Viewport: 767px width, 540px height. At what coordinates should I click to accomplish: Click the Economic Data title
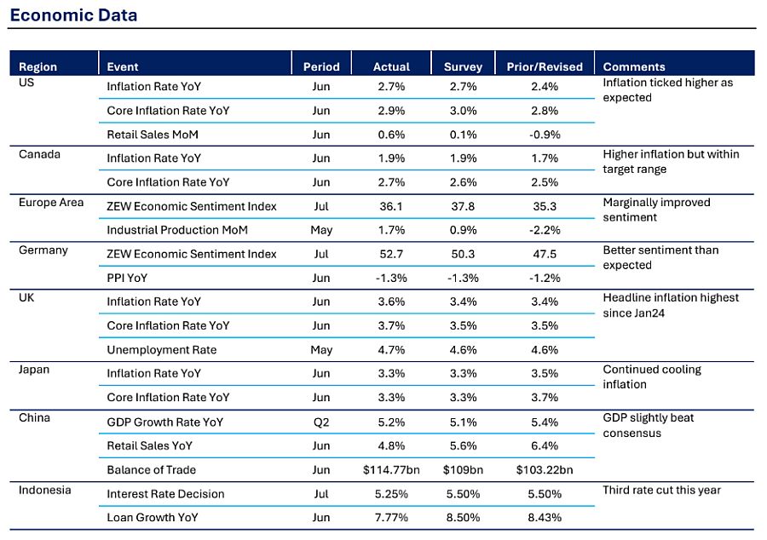(x=73, y=15)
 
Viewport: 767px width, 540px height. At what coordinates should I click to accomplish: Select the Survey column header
(x=463, y=67)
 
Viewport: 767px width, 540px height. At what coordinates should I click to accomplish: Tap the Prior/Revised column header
(x=545, y=67)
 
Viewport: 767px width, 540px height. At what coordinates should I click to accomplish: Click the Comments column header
(x=634, y=67)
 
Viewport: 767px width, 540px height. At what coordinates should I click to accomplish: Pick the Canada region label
(x=39, y=154)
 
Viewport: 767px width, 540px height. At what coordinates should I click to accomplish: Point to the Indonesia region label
(x=44, y=490)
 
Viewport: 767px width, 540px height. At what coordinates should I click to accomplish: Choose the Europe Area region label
(x=51, y=203)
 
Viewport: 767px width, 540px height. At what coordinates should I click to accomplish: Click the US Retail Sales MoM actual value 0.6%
(x=391, y=135)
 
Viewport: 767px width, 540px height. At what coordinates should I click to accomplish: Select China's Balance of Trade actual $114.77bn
(x=391, y=469)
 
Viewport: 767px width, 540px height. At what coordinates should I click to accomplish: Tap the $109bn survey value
(x=463, y=469)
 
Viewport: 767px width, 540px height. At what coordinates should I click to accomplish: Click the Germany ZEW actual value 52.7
(x=391, y=254)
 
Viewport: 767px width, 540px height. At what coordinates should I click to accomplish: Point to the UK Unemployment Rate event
(x=161, y=350)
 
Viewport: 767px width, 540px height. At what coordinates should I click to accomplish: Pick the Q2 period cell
(x=321, y=422)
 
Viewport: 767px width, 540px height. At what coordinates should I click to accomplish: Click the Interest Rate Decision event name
(x=165, y=494)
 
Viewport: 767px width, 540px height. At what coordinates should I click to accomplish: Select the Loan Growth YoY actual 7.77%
(x=391, y=518)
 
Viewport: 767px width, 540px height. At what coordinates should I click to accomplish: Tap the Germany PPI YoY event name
(x=127, y=278)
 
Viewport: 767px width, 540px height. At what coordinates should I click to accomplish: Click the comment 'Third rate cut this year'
(x=662, y=490)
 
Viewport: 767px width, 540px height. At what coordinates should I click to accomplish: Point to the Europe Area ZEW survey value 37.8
(x=463, y=206)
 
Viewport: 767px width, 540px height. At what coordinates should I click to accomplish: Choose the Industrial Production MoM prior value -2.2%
(x=545, y=230)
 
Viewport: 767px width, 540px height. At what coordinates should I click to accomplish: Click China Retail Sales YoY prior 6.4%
(x=545, y=445)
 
